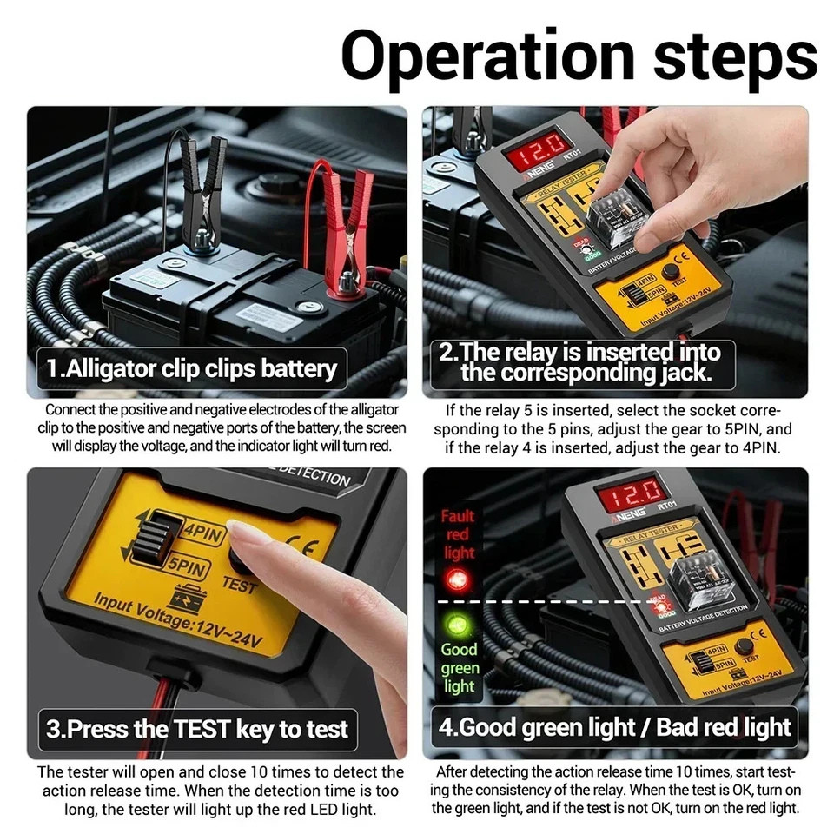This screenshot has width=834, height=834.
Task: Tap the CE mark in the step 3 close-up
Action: point(296,550)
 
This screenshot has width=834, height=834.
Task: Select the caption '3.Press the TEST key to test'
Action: point(196,728)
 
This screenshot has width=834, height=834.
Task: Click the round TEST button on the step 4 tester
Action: point(744,646)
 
